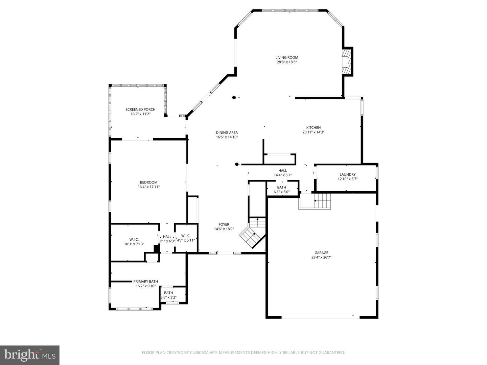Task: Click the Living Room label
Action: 286,57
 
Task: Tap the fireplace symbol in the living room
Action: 346,62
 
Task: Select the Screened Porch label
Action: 140,109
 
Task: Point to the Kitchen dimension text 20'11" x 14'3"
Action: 314,132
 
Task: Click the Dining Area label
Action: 227,132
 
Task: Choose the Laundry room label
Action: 347,174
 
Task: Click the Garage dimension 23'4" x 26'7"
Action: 321,257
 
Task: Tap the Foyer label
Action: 224,224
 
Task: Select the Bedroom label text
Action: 148,182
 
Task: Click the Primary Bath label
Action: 145,282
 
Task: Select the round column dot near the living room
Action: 234,98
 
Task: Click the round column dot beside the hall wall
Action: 237,165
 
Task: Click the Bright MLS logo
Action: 30,355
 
